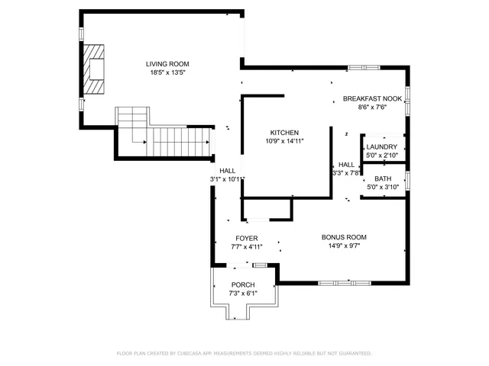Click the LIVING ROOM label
168,64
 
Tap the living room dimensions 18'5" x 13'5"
168,72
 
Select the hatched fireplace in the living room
94,69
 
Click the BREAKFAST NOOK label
372,99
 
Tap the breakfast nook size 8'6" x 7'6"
372,108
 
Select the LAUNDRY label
382,147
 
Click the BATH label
382,178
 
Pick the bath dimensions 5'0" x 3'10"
382,187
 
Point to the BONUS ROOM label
344,237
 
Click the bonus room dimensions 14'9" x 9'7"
344,246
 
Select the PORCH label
243,284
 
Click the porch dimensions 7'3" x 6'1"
243,293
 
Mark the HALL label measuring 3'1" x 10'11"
228,171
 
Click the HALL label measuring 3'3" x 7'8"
346,165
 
